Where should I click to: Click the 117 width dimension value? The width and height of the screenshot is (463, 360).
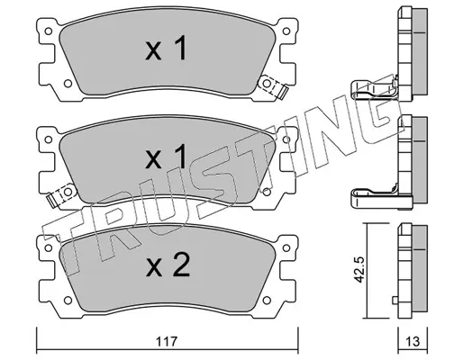[x=168, y=341]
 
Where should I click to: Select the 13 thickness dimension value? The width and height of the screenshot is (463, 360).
[x=413, y=341]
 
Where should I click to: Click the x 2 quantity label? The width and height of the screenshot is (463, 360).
[x=168, y=265]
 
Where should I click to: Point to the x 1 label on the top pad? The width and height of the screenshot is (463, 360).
[x=166, y=48]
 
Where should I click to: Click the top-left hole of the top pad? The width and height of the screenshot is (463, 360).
[x=48, y=31]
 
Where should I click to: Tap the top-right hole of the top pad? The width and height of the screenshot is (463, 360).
[x=286, y=31]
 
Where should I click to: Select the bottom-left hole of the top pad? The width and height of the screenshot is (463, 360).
[x=68, y=84]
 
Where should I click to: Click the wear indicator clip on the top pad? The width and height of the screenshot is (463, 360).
[x=273, y=86]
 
